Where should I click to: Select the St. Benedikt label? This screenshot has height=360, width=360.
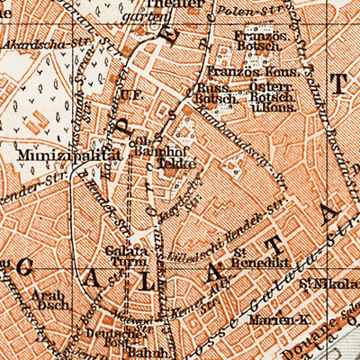coord(240,260)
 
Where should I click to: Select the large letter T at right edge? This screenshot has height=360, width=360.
coord(339,85)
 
